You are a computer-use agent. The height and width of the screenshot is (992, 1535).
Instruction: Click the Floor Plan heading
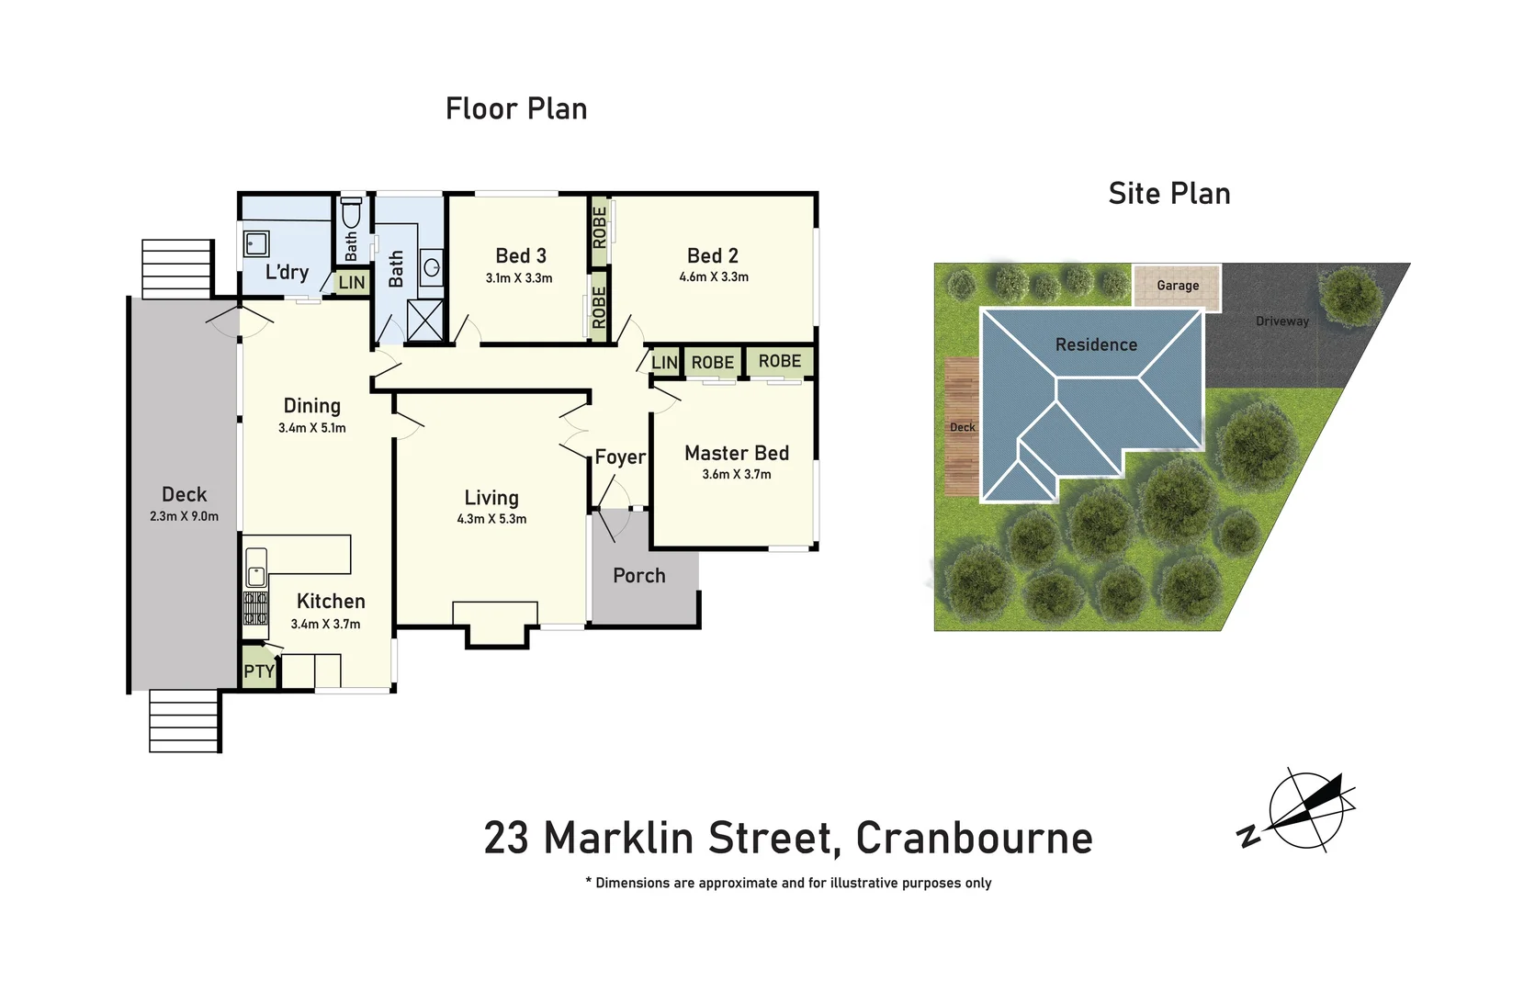[516, 108]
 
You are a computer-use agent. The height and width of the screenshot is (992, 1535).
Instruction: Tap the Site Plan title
[1168, 194]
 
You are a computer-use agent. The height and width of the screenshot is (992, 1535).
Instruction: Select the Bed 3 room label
[521, 256]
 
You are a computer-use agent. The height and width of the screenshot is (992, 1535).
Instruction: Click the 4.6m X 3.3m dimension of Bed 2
[714, 276]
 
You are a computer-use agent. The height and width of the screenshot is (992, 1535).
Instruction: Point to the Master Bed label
[737, 453]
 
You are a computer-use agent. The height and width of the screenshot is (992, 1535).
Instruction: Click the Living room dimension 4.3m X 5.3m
[491, 519]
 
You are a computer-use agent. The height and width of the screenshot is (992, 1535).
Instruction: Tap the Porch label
[639, 576]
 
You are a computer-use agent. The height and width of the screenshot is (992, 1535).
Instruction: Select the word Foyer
[620, 457]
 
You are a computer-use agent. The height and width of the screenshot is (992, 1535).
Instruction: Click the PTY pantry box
[258, 671]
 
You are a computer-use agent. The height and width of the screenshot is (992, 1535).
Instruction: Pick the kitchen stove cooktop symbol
[255, 608]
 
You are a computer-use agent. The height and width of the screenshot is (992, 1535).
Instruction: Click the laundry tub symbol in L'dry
[256, 243]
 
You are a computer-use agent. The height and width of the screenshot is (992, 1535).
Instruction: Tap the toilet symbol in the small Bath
[351, 213]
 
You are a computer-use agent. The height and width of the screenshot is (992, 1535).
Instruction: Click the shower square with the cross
[424, 321]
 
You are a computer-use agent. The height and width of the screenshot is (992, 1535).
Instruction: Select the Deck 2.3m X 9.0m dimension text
[184, 516]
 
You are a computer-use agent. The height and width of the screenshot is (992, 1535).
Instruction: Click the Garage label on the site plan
[1178, 286]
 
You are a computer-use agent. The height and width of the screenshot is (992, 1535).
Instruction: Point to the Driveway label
[1281, 321]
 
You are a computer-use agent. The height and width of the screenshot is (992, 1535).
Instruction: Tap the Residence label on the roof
[1096, 345]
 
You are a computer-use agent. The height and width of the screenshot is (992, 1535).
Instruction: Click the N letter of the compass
[1248, 837]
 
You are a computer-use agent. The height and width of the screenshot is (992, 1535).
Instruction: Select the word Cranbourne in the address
[974, 838]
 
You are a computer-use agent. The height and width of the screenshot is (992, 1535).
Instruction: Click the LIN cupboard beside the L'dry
[352, 283]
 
